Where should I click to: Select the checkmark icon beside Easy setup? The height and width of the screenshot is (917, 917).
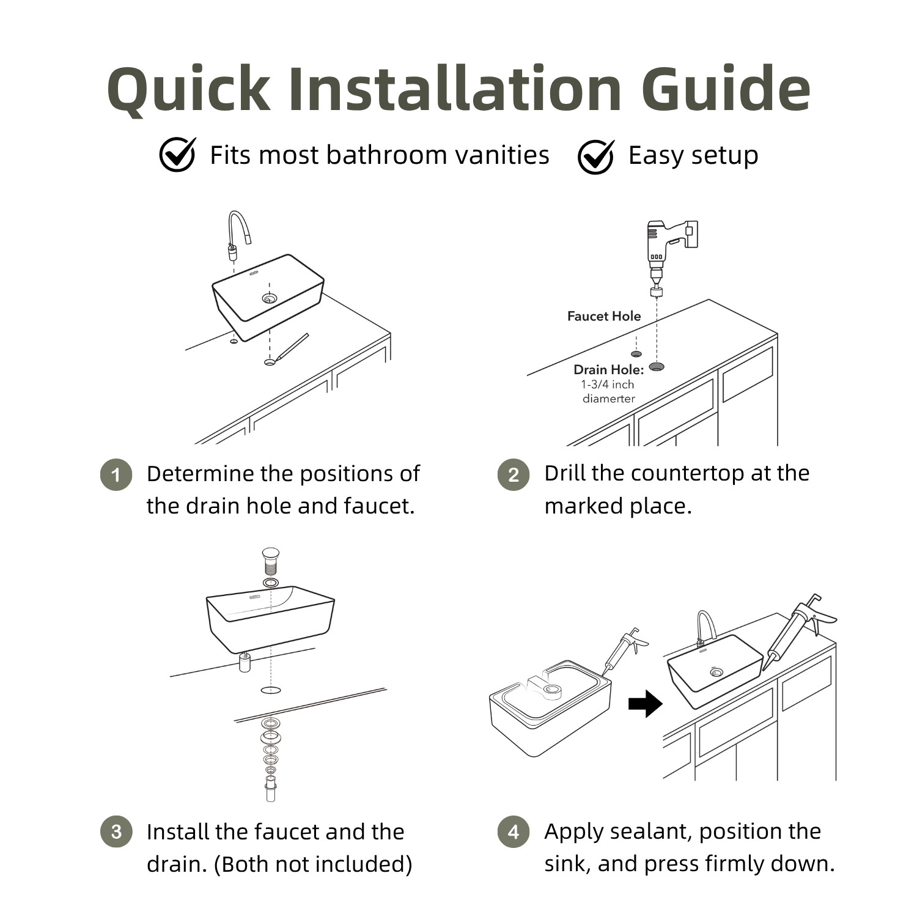596,157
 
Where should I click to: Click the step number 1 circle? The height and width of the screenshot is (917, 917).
116,474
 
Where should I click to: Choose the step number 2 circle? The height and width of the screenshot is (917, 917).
514,474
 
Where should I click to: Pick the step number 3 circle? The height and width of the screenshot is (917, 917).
116,831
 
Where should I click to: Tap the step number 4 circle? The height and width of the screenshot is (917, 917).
514,831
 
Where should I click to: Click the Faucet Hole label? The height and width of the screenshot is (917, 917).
604,316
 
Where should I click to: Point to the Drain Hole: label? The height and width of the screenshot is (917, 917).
608,369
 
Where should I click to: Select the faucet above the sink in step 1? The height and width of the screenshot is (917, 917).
238,235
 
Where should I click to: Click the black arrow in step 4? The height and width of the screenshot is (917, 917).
646,704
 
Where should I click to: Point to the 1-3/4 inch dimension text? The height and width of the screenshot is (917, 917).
608,385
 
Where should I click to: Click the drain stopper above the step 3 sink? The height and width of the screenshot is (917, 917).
270,561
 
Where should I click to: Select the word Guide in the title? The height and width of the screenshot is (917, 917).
726,89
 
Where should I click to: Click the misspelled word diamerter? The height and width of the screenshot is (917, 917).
608,399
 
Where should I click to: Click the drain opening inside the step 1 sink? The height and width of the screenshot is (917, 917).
270,298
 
